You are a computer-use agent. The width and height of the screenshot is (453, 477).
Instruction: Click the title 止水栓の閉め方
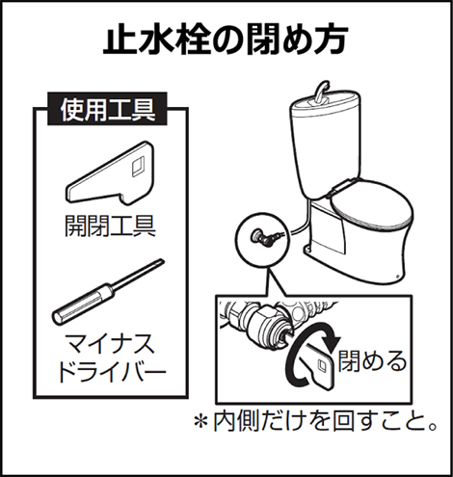tap(226, 41)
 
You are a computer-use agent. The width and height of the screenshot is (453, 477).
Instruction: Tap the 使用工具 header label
tap(108, 109)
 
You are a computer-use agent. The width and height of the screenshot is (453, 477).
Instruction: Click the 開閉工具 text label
tap(110, 225)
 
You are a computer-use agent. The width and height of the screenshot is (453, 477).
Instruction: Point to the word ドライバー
tap(110, 373)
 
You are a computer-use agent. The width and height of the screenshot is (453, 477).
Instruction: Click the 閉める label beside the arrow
tap(372, 360)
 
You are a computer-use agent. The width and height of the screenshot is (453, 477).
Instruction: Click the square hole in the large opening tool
tap(139, 167)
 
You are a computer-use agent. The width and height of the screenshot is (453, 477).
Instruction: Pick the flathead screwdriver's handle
tap(84, 304)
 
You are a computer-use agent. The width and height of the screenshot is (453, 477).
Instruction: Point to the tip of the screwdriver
tap(163, 260)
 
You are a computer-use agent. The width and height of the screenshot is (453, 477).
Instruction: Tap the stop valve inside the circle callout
tap(262, 237)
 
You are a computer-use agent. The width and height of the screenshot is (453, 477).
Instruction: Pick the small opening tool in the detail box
tap(316, 365)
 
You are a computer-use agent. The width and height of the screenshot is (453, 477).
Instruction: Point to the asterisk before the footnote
tap(200, 421)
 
